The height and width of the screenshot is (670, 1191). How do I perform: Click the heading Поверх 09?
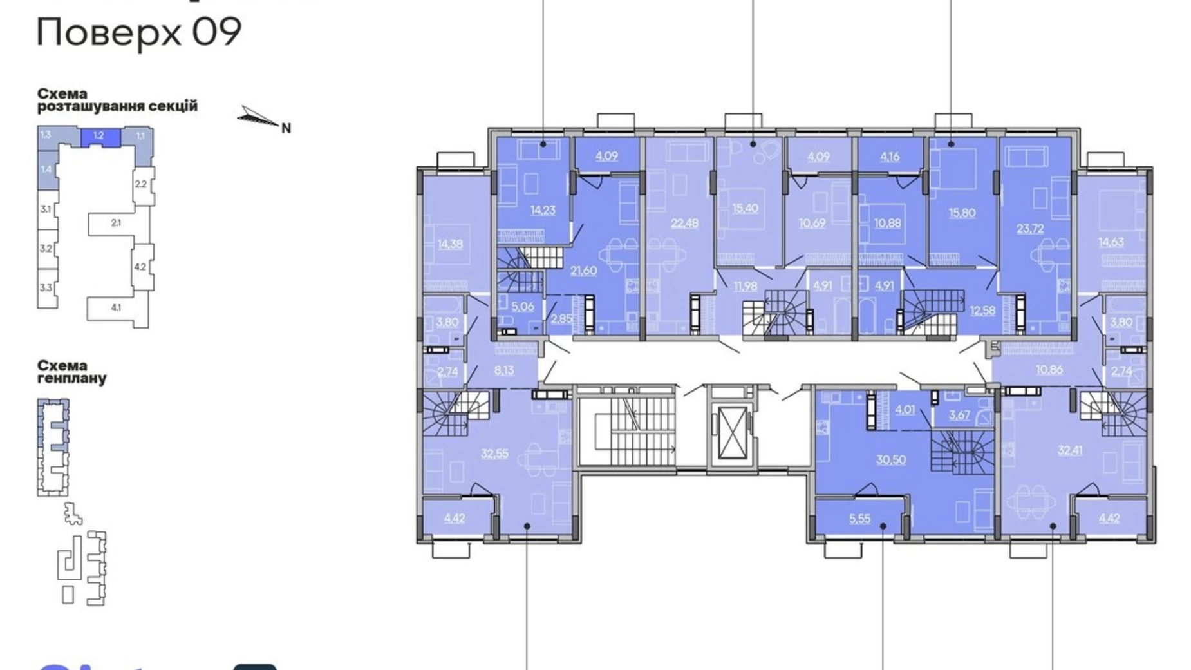point(139,32)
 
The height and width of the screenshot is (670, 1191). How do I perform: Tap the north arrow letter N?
point(286,128)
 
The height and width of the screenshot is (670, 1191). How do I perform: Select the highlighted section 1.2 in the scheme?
point(99,136)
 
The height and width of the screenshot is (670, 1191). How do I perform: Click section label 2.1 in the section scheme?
point(116,223)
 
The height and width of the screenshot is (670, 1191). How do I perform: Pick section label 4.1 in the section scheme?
point(116,307)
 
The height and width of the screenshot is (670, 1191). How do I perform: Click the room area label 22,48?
point(684,223)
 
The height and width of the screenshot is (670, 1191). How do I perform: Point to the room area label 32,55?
point(494,454)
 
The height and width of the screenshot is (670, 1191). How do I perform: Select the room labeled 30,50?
point(891,459)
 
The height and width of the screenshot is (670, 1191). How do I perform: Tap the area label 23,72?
point(1030,228)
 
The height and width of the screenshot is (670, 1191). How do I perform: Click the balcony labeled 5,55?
point(859,519)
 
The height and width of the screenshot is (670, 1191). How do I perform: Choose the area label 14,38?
point(450,244)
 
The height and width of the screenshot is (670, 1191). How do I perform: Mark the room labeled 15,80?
point(962,213)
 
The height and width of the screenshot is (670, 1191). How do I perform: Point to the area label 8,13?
point(504,370)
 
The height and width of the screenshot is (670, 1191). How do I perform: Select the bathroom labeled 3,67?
point(959,415)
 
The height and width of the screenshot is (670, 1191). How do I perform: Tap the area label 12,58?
point(982,310)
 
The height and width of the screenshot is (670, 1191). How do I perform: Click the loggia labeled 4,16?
point(890,156)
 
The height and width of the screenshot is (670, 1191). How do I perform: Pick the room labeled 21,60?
point(583,271)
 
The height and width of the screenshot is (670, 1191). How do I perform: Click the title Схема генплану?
point(71,372)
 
